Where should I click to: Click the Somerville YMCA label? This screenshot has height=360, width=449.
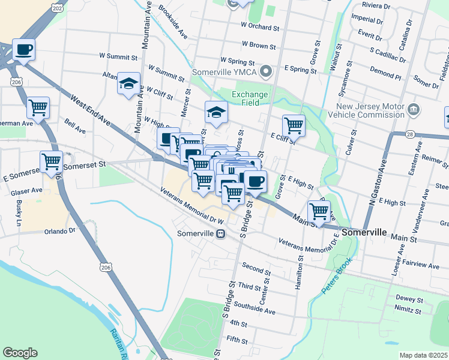click(x=224, y=73)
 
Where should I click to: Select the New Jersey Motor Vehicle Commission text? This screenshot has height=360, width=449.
click(x=370, y=110)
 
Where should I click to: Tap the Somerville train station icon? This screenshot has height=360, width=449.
click(x=220, y=234)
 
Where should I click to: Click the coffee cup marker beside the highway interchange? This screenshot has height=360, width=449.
click(x=24, y=50)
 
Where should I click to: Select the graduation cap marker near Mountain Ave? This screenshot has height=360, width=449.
click(x=128, y=84)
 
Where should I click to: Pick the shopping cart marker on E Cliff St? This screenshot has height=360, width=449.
click(x=294, y=126)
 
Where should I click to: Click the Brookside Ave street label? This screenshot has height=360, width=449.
click(x=173, y=22)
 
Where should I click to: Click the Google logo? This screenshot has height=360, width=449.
click(x=20, y=353)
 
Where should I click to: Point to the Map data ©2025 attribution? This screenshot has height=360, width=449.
click(x=424, y=355)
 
